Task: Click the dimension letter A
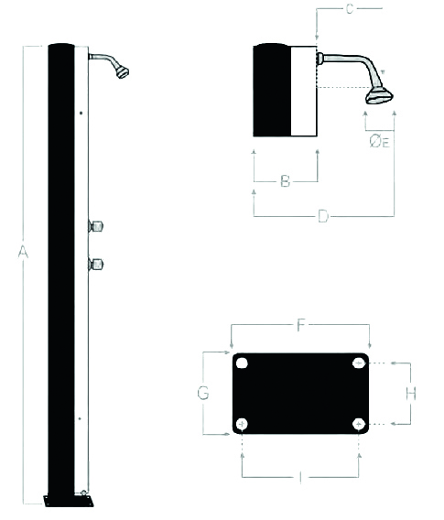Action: pyautogui.click(x=23, y=252)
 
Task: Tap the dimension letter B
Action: pyautogui.click(x=286, y=181)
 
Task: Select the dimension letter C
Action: pyautogui.click(x=350, y=9)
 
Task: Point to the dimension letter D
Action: pyautogui.click(x=323, y=216)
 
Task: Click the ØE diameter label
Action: pyautogui.click(x=379, y=142)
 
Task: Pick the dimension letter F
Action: pyautogui.click(x=301, y=325)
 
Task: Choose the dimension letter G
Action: pyautogui.click(x=203, y=394)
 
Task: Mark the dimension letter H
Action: pyautogui.click(x=411, y=394)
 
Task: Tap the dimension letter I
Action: pyautogui.click(x=300, y=478)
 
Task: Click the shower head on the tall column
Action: pyautogui.click(x=123, y=72)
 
